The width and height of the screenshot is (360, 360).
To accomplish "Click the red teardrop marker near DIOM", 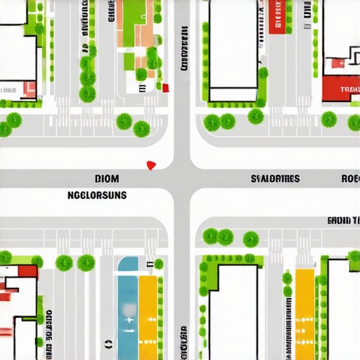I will pos(150,165).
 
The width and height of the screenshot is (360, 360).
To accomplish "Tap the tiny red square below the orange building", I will pos(166,87).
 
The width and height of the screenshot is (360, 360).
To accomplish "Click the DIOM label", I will pos(107,179).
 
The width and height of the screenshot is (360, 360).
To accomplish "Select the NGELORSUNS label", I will pos(97,195).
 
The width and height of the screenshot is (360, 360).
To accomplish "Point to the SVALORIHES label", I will pos(275,179).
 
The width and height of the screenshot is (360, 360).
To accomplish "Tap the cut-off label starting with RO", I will pos(350,179).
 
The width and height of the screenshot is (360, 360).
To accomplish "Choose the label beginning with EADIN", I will pos(343,220).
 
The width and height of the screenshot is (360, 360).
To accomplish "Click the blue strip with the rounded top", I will pos(128,309).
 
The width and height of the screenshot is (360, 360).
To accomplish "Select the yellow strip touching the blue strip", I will pos(148,316).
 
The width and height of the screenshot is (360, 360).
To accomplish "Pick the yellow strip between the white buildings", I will pos(304,313).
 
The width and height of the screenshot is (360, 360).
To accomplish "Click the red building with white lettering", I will pos(341,89).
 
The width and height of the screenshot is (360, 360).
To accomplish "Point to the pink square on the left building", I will pos(29,89).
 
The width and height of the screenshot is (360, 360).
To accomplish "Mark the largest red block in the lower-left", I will pos(27,271).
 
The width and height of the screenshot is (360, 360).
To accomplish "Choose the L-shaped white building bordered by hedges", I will pos(232,309).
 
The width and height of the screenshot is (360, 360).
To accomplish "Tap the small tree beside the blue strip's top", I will pos(159,264).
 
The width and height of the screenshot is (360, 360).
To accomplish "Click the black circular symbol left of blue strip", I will pos(108,345).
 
